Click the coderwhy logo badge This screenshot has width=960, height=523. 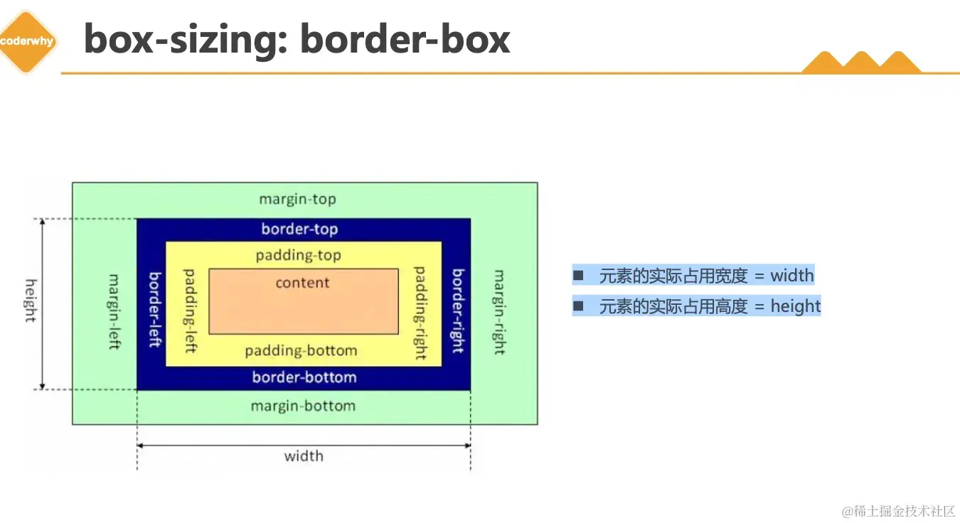click(27, 41)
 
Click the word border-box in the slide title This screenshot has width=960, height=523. click(405, 39)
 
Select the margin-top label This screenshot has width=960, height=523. click(297, 199)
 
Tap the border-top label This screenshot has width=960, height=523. click(299, 229)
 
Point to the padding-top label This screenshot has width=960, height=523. click(299, 255)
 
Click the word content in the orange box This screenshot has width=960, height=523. click(303, 283)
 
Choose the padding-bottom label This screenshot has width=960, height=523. click(301, 351)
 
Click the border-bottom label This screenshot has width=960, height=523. click(304, 377)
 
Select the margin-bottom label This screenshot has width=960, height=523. click(303, 406)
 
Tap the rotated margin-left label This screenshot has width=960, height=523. click(114, 311)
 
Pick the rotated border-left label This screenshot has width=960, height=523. click(154, 310)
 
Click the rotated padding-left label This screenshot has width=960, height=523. click(190, 311)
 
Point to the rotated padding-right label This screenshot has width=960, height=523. click(420, 313)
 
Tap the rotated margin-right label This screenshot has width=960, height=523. click(498, 312)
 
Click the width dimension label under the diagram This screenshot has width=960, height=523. click(304, 456)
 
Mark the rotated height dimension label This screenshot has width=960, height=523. click(31, 301)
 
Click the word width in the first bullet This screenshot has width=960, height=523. click(792, 276)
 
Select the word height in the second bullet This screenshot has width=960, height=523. click(796, 306)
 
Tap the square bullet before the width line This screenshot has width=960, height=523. click(578, 275)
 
